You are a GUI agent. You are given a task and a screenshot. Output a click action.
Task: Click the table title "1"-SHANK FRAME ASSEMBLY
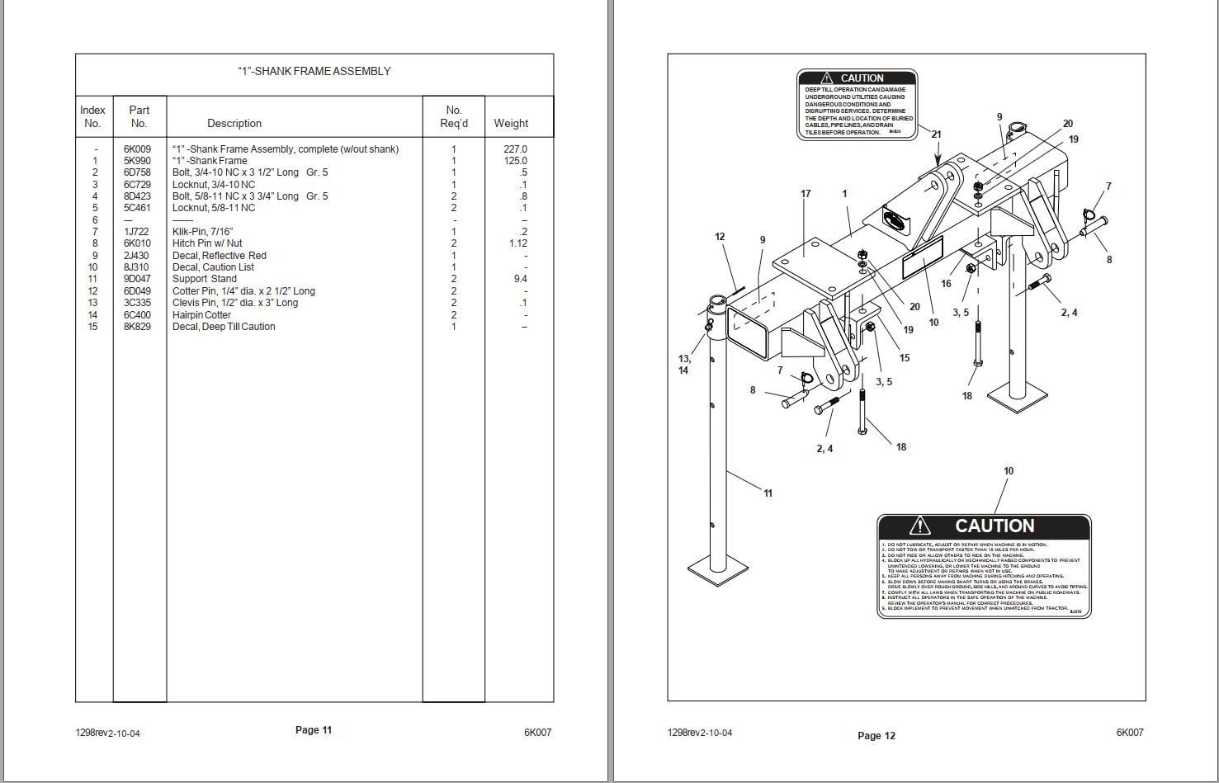tap(314, 71)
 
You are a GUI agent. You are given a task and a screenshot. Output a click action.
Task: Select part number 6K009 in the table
tap(137, 149)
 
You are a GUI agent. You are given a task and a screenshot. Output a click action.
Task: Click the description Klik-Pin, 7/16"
tap(202, 232)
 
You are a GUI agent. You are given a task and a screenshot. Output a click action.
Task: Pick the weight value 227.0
tap(515, 149)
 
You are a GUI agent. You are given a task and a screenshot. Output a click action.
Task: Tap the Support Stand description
tap(204, 279)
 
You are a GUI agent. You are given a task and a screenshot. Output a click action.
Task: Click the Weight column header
tap(511, 123)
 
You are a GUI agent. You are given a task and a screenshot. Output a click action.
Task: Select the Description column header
tap(234, 123)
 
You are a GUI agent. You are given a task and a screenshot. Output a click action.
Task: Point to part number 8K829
tap(137, 327)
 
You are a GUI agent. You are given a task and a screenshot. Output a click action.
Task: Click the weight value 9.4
tap(520, 279)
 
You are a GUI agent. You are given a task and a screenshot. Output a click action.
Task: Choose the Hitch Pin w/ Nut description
tap(207, 243)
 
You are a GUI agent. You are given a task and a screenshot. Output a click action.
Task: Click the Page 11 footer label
tap(314, 729)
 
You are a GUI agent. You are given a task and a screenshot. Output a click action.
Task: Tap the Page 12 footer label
tap(876, 735)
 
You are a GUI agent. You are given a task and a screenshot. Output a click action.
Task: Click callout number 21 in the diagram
tap(936, 134)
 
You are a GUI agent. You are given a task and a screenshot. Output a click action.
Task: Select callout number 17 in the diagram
tap(806, 194)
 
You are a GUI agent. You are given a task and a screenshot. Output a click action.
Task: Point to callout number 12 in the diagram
tap(720, 237)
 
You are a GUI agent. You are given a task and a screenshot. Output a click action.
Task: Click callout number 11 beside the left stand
tap(768, 493)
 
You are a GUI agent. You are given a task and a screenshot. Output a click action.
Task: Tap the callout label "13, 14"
tap(684, 364)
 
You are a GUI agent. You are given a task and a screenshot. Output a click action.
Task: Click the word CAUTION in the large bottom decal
tap(994, 526)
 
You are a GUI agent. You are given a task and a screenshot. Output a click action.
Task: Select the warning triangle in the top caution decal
tap(826, 78)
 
